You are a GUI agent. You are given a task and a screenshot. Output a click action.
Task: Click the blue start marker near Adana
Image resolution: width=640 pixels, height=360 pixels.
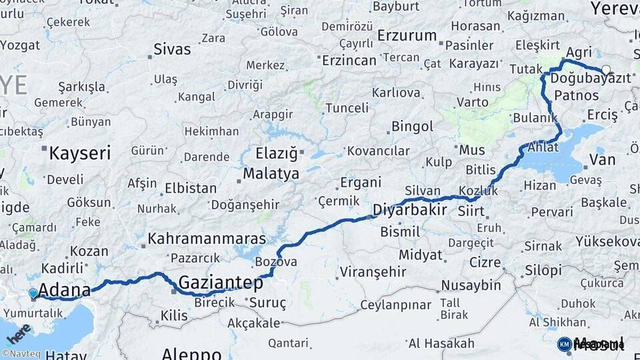click(33, 293)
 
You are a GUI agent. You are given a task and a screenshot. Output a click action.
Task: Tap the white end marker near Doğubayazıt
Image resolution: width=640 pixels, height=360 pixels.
click(606, 69)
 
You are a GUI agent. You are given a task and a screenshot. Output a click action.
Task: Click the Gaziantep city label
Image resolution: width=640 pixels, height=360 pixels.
click(221, 283)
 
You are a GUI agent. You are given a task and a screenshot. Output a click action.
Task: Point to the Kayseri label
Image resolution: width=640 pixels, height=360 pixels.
click(79, 154)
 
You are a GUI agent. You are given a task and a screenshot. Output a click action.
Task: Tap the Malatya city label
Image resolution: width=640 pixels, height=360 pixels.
click(271, 175)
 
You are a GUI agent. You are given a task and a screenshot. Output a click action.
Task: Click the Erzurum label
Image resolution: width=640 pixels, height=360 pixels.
click(407, 35)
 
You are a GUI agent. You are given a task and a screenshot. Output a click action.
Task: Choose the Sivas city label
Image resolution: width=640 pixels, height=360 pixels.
click(172, 49)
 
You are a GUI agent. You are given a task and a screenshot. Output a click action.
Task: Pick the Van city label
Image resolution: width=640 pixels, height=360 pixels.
click(602, 160)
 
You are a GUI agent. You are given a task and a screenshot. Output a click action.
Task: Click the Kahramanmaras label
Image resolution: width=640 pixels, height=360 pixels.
click(207, 238)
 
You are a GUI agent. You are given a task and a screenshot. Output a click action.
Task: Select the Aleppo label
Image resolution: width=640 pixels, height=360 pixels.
click(191, 353)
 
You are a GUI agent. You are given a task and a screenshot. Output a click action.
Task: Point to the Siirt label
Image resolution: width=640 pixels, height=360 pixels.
click(471, 212)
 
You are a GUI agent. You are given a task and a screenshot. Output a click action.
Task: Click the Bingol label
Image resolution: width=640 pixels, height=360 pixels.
click(412, 126)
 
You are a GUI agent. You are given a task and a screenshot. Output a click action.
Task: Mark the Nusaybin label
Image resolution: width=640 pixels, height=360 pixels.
click(471, 285)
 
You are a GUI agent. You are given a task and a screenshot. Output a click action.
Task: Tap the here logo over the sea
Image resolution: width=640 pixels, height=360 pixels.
click(19, 331)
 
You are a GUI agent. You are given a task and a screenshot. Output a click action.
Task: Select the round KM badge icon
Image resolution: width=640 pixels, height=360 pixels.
click(564, 344)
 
